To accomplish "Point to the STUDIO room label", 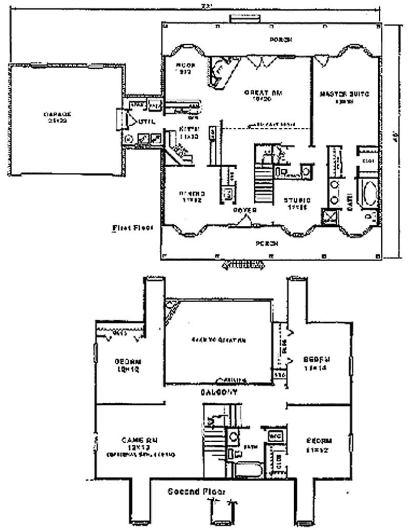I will tap(298, 200).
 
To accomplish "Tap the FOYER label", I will tap(244, 210).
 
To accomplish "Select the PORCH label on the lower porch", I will tap(268, 243).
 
